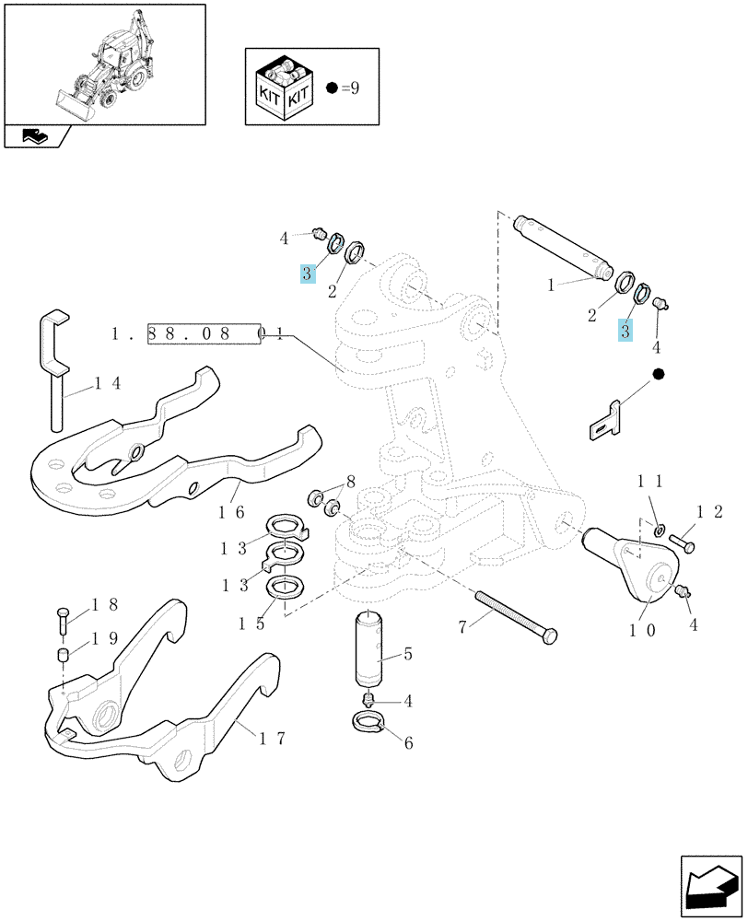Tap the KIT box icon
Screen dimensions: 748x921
(x=284, y=87)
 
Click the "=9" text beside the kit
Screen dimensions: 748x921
(x=350, y=88)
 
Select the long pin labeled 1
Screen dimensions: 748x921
(x=563, y=246)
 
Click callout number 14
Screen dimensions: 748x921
(x=108, y=383)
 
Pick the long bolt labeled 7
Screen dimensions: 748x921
(x=517, y=617)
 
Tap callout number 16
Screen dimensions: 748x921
(x=231, y=511)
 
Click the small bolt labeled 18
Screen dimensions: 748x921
(x=63, y=620)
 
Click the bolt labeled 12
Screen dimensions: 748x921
(x=682, y=542)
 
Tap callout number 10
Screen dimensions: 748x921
(x=642, y=631)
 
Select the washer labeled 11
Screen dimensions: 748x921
(x=660, y=530)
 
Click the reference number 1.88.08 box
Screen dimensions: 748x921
(x=204, y=333)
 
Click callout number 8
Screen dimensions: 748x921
(x=351, y=483)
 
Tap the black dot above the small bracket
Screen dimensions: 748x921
(x=658, y=374)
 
